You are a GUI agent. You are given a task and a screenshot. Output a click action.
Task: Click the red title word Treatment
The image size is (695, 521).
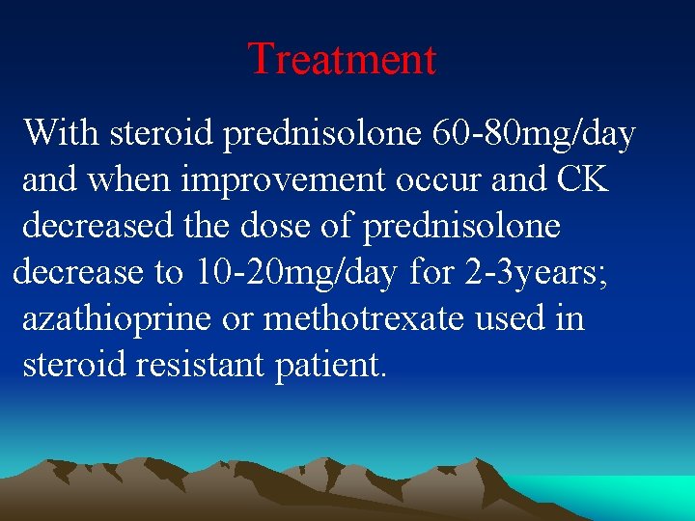[x=343, y=59]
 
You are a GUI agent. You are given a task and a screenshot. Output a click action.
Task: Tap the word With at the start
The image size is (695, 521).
[x=62, y=132]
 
